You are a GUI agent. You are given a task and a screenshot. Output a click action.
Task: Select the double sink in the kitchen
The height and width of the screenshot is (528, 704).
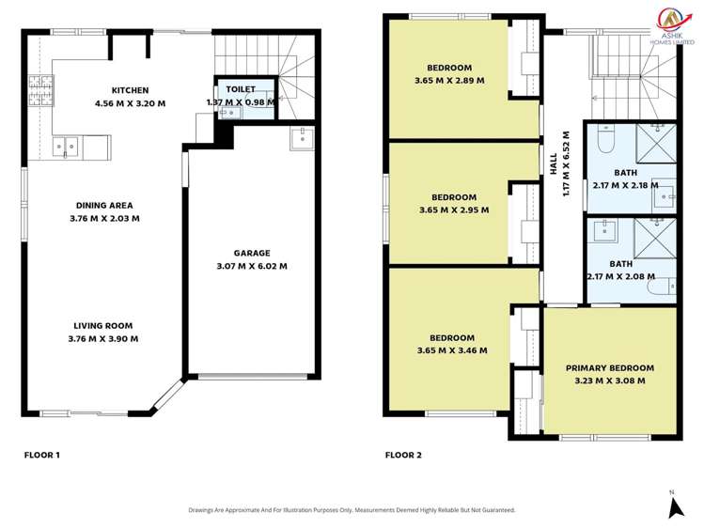point(67,146)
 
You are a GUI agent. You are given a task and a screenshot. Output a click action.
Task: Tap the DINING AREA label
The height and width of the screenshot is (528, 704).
point(104,205)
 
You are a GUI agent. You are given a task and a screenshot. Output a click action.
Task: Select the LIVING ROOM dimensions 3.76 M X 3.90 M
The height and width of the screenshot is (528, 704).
point(104,339)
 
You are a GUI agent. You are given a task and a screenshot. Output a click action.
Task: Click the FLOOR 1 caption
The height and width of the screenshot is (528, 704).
point(42,455)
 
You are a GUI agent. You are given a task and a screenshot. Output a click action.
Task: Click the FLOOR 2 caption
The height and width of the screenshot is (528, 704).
point(403,455)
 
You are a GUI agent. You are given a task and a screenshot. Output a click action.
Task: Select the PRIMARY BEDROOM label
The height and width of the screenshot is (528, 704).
point(609,367)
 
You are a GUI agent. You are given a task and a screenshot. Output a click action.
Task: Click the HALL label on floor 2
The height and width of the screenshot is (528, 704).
point(555,163)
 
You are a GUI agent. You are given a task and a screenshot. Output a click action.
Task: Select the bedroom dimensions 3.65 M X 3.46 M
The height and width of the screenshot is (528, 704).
point(452,351)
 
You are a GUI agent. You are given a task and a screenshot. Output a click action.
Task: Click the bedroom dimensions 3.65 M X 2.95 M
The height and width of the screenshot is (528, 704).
point(454,210)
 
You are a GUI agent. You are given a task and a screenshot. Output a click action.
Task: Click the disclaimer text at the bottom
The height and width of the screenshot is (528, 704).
point(352,510)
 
